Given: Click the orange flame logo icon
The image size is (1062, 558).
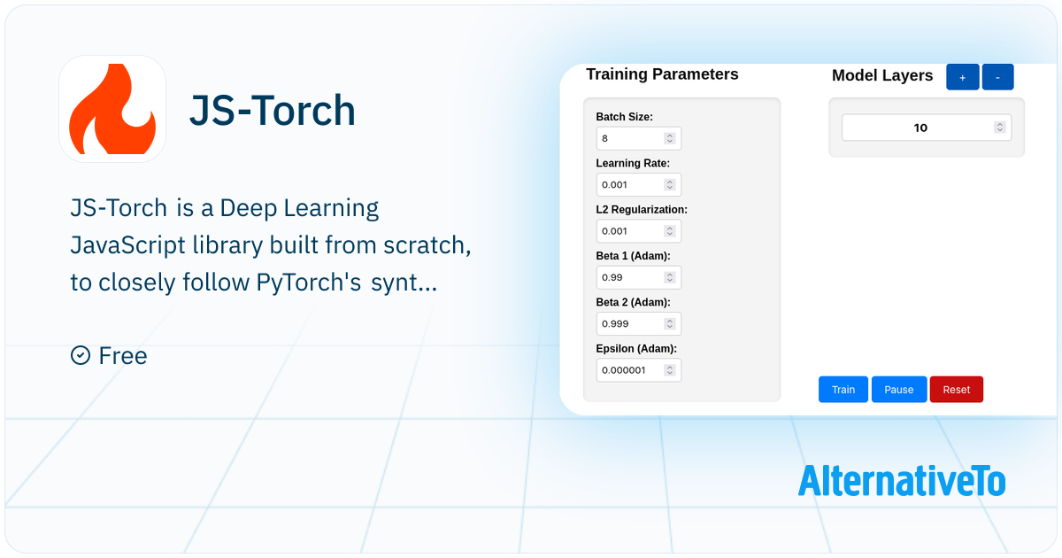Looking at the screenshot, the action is click(x=112, y=109).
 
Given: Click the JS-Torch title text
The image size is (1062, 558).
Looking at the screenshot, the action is click(x=273, y=110).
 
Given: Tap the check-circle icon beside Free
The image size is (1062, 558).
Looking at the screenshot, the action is click(x=81, y=355).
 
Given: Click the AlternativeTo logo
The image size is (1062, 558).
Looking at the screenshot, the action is click(x=901, y=481).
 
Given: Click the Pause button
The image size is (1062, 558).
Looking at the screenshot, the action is click(x=899, y=390).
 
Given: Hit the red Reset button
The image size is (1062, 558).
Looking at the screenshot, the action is click(x=957, y=390).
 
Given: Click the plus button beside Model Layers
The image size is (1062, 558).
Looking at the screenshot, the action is click(x=963, y=77).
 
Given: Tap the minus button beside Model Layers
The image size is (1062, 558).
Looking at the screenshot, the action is click(x=998, y=77).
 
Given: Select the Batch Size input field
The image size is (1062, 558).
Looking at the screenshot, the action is click(x=639, y=138).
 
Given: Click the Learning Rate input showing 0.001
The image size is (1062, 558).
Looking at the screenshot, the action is click(x=639, y=184).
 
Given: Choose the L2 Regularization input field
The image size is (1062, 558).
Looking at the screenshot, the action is click(x=639, y=231).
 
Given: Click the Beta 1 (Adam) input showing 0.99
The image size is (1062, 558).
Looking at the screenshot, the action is click(x=639, y=277).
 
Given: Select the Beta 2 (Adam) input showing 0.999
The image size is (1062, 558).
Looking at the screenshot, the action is click(x=639, y=323).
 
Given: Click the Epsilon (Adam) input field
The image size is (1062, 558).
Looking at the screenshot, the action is click(x=639, y=370).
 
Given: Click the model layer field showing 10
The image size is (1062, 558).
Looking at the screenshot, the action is click(x=927, y=128).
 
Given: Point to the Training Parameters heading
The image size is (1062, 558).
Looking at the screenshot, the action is click(x=662, y=74).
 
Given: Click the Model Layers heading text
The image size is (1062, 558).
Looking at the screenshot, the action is click(x=882, y=75).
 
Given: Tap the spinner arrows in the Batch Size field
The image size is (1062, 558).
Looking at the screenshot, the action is click(x=669, y=138).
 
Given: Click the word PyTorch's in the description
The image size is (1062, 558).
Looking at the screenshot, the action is click(x=309, y=283).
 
